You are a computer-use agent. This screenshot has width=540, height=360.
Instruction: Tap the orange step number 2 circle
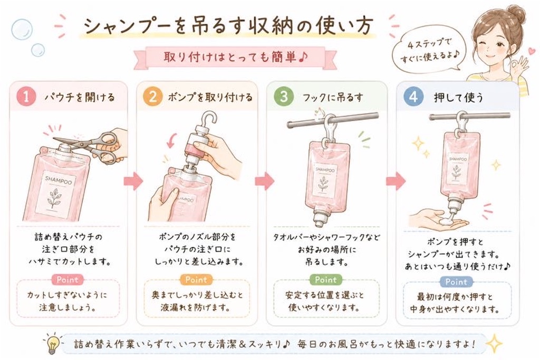(x=153, y=96)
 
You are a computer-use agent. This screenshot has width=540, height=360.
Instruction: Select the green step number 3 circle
(x=283, y=96)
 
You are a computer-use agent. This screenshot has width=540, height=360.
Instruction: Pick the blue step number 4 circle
(x=413, y=96)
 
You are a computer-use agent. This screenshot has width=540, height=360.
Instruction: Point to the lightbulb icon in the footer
(x=52, y=343)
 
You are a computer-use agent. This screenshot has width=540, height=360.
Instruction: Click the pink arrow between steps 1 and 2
(x=133, y=180)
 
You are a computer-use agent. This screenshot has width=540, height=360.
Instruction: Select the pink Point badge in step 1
(x=67, y=279)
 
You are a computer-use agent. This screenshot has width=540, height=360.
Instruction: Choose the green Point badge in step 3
(x=325, y=279)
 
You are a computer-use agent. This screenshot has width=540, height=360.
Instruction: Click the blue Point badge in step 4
(x=456, y=282)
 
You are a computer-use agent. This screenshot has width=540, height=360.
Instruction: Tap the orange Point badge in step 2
(x=196, y=279)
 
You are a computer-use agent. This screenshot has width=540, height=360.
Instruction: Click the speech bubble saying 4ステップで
(x=428, y=52)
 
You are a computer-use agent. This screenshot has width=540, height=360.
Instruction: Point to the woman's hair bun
(x=518, y=15)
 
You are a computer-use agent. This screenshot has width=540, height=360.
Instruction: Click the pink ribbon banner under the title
(x=236, y=57)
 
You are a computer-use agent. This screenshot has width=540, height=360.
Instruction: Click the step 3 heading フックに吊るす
(x=333, y=98)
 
